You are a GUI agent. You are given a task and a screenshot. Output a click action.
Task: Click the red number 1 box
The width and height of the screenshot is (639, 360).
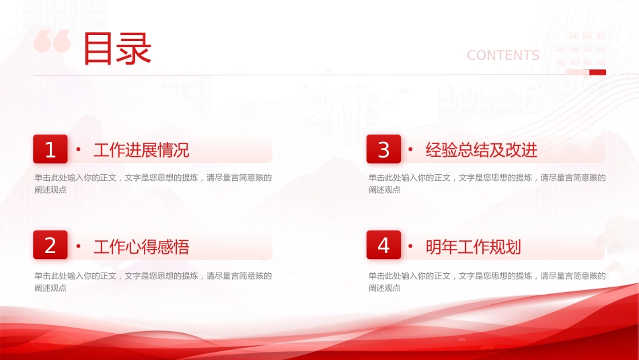point(50,149)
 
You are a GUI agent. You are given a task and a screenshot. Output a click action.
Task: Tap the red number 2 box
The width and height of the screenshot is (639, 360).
point(50,245)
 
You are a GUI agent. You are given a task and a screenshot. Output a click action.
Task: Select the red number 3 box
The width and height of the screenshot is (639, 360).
point(383,149)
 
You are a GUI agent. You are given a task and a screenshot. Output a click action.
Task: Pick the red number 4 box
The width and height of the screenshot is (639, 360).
point(383,245)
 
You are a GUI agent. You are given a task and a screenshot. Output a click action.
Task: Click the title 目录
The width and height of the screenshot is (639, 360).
point(117,49)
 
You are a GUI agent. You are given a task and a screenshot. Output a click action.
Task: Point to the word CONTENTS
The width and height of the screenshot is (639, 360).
point(503,55)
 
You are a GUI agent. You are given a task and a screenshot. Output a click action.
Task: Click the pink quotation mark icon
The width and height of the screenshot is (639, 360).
point(52,41)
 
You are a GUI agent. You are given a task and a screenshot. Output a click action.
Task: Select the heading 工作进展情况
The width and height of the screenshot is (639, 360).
point(141,150)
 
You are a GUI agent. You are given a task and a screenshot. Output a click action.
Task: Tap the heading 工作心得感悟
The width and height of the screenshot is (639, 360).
point(141,247)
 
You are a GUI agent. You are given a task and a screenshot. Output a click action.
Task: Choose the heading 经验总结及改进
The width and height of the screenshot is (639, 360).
point(482,150)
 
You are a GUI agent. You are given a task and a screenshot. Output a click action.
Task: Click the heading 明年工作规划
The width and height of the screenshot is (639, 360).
point(473,247)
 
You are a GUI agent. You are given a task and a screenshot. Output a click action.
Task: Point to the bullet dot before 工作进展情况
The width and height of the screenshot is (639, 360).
point(78,149)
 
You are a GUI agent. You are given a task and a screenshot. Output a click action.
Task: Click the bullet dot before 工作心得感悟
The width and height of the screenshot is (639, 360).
point(78,246)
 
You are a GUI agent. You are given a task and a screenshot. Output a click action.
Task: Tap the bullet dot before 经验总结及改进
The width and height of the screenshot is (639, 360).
point(410,149)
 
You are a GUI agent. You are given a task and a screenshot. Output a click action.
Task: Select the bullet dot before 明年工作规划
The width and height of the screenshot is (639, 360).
point(410,246)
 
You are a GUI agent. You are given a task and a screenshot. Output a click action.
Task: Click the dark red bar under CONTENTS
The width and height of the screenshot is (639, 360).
point(597,73)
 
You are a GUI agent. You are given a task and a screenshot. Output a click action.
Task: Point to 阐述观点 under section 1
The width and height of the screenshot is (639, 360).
point(50,190)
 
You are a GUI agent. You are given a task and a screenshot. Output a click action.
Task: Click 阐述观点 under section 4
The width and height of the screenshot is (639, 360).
point(384,288)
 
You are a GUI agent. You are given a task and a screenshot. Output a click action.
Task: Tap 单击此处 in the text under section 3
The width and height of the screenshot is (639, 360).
point(384,178)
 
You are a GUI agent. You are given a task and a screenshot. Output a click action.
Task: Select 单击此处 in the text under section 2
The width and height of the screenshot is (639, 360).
point(50,276)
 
